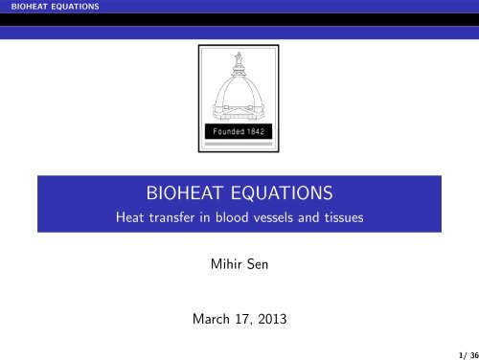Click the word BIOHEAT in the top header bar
tap(21, 7)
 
